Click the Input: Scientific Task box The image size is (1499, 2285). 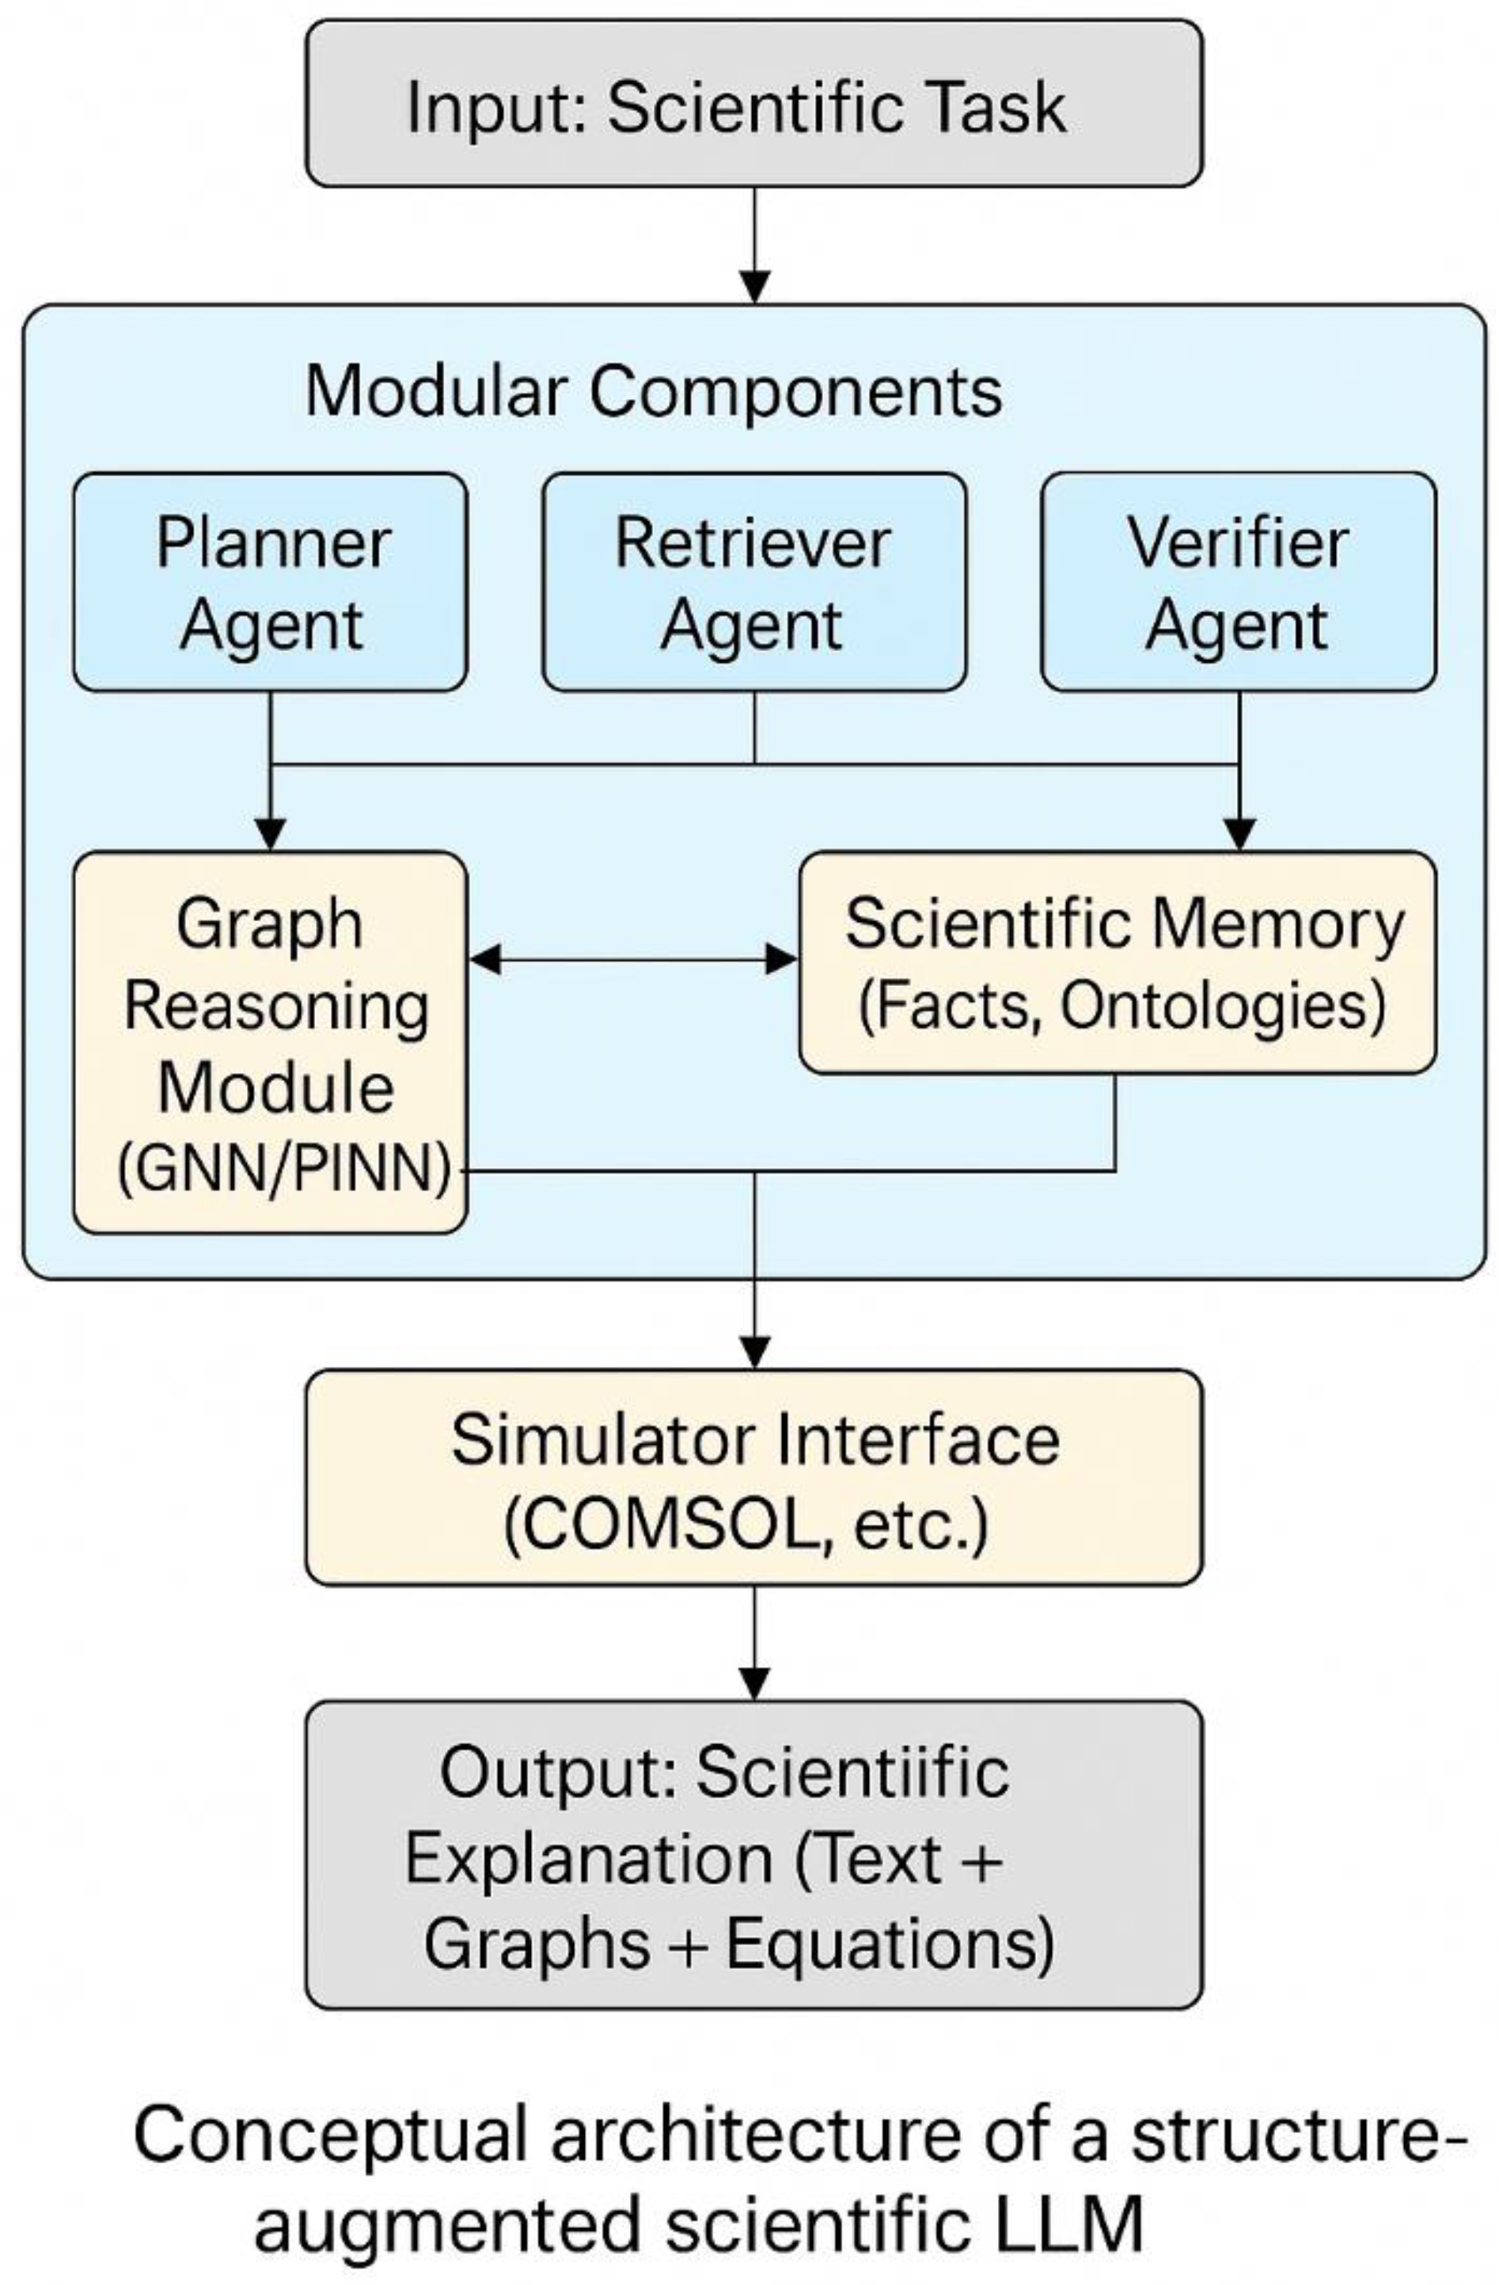pyautogui.click(x=753, y=104)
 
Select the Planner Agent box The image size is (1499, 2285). pyautogui.click(x=271, y=582)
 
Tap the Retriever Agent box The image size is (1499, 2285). pyautogui.click(x=753, y=582)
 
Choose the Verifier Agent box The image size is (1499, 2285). pyautogui.click(x=1237, y=582)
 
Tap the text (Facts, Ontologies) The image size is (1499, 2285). pyautogui.click(x=1121, y=1005)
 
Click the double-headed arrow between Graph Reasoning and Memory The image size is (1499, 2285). pyautogui.click(x=633, y=958)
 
